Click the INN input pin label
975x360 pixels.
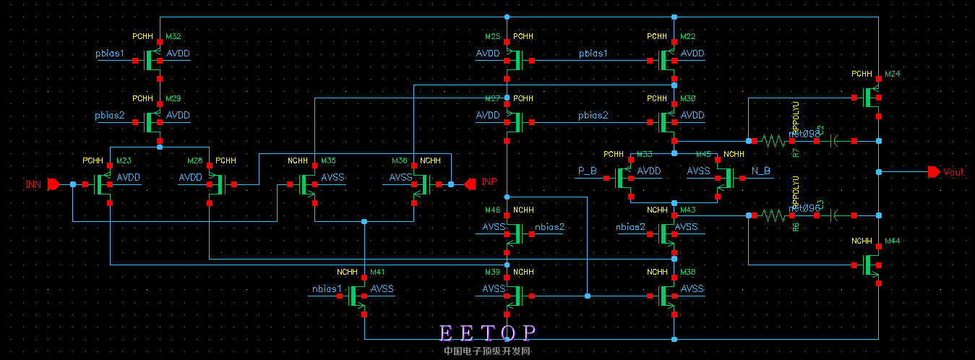(33, 184)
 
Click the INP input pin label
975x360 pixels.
(489, 181)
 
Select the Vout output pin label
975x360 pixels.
(954, 172)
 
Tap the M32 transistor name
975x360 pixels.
(173, 36)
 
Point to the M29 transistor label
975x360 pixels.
(173, 98)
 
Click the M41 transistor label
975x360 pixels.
(377, 272)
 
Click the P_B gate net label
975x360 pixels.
(586, 171)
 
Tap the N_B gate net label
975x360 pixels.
(761, 171)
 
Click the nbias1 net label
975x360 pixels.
(326, 288)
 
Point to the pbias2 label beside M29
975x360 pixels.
(110, 115)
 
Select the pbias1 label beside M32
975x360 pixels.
(110, 53)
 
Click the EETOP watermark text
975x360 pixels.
(489, 333)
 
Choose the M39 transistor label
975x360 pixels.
(492, 272)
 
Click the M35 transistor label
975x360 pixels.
(328, 160)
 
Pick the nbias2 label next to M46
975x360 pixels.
(549, 227)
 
